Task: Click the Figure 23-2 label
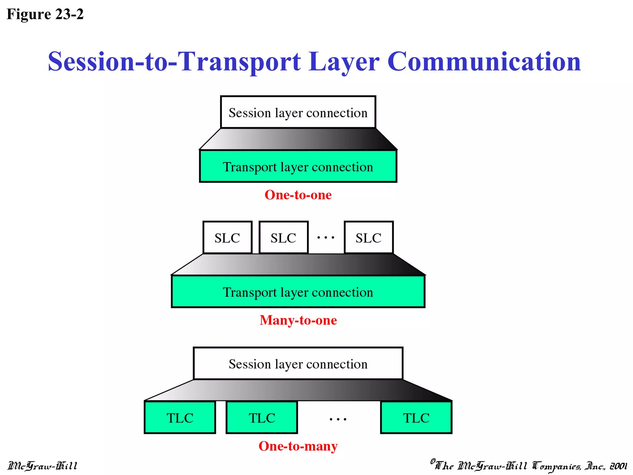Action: [x=45, y=14]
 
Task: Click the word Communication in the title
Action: [x=484, y=62]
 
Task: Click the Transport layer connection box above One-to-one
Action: [x=298, y=167]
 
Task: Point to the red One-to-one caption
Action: [x=298, y=195]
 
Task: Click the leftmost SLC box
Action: [x=227, y=238]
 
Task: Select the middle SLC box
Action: [x=283, y=238]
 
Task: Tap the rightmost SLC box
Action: [x=368, y=238]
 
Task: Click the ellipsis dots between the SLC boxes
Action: [x=326, y=238]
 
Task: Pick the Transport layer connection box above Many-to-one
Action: [x=298, y=292]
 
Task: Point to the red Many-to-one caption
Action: [x=298, y=320]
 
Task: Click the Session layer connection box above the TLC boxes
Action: [x=298, y=364]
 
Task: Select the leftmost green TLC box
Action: [x=180, y=418]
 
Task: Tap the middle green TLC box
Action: [x=262, y=418]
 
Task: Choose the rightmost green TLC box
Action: [x=416, y=418]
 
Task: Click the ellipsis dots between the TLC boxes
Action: [x=338, y=420]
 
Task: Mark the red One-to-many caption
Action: [x=298, y=446]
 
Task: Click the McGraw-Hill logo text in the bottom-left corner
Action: [x=43, y=466]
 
